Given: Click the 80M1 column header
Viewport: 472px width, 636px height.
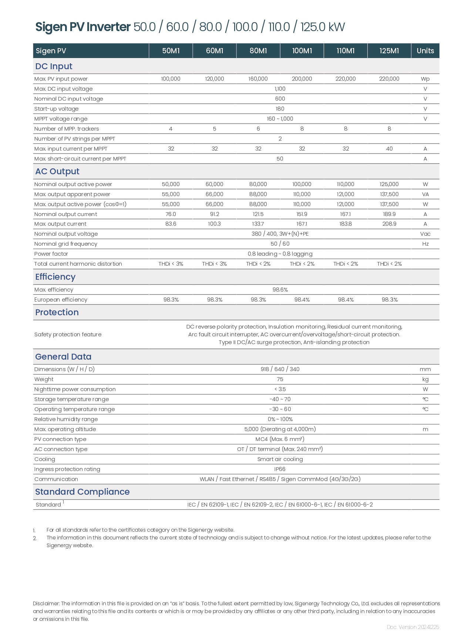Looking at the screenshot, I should tap(258, 51).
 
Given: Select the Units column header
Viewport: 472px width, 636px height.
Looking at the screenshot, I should tap(425, 51).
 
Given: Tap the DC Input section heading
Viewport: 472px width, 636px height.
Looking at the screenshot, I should tap(54, 66).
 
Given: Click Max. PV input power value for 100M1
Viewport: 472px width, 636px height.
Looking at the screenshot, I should tap(302, 79).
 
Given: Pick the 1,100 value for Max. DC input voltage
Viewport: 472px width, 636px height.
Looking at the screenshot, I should tap(280, 89).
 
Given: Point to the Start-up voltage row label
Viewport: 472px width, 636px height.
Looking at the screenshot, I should tap(56, 109).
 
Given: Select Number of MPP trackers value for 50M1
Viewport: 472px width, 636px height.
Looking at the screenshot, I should tap(171, 129).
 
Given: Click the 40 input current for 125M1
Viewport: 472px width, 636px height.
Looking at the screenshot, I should tap(389, 149).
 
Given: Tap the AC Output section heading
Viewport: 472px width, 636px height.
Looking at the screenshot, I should tap(57, 171).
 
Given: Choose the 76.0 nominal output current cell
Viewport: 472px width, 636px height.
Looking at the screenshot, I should tap(171, 214).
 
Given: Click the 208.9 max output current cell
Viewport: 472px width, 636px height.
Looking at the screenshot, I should tap(389, 224).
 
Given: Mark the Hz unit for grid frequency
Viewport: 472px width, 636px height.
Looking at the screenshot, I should tap(425, 244).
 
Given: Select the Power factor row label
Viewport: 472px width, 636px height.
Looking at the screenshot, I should tap(51, 254).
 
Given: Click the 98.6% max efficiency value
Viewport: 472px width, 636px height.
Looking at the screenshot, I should tap(280, 290).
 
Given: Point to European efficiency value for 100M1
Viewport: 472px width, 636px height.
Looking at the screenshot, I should tap(302, 300).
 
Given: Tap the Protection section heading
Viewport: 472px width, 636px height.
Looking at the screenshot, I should tap(57, 312).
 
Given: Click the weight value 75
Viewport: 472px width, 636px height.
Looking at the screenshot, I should tap(280, 379).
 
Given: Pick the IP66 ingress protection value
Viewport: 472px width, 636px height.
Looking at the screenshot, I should tap(280, 469).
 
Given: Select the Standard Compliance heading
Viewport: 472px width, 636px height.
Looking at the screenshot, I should tap(82, 492).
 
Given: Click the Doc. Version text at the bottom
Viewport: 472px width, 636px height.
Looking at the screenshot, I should tap(413, 627).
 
